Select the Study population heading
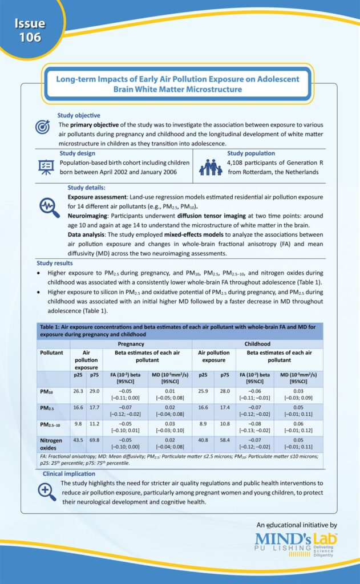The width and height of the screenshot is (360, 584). coord(251,153)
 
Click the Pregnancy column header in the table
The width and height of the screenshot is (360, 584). coord(130,344)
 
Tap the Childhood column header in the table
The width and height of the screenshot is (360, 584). coord(257,344)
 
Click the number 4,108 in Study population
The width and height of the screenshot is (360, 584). coord(238,163)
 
